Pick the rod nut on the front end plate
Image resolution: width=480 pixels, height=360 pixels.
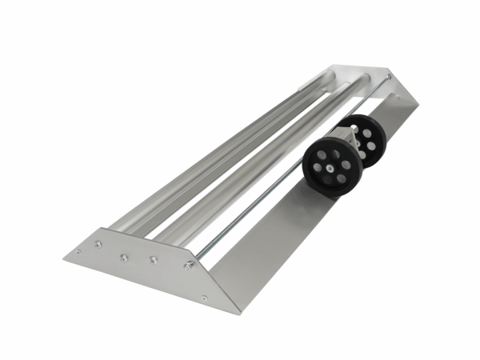[189, 265]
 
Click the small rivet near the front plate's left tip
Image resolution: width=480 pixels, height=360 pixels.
[78, 254]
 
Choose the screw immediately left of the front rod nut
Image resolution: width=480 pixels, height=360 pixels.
[153, 259]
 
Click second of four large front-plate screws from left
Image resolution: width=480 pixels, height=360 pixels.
[124, 258]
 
